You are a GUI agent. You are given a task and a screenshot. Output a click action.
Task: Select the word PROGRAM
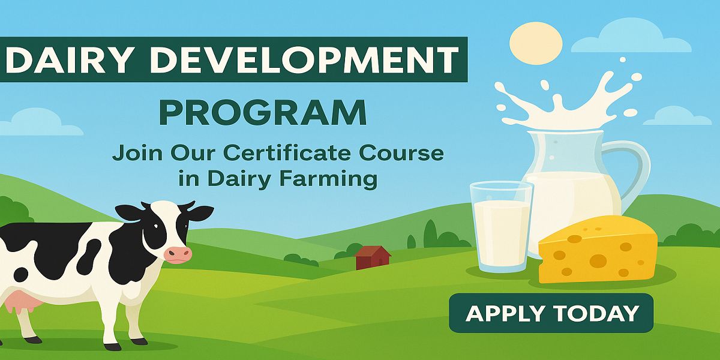(x=263, y=113)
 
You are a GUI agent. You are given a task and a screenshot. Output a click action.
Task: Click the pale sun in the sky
(x=536, y=43)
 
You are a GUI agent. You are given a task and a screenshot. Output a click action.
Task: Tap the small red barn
(x=372, y=257)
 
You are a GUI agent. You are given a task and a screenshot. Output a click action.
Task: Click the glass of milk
(x=501, y=227)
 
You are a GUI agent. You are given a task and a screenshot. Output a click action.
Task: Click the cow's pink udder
(x=20, y=301)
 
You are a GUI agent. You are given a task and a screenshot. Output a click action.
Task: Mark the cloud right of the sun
(x=631, y=36)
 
